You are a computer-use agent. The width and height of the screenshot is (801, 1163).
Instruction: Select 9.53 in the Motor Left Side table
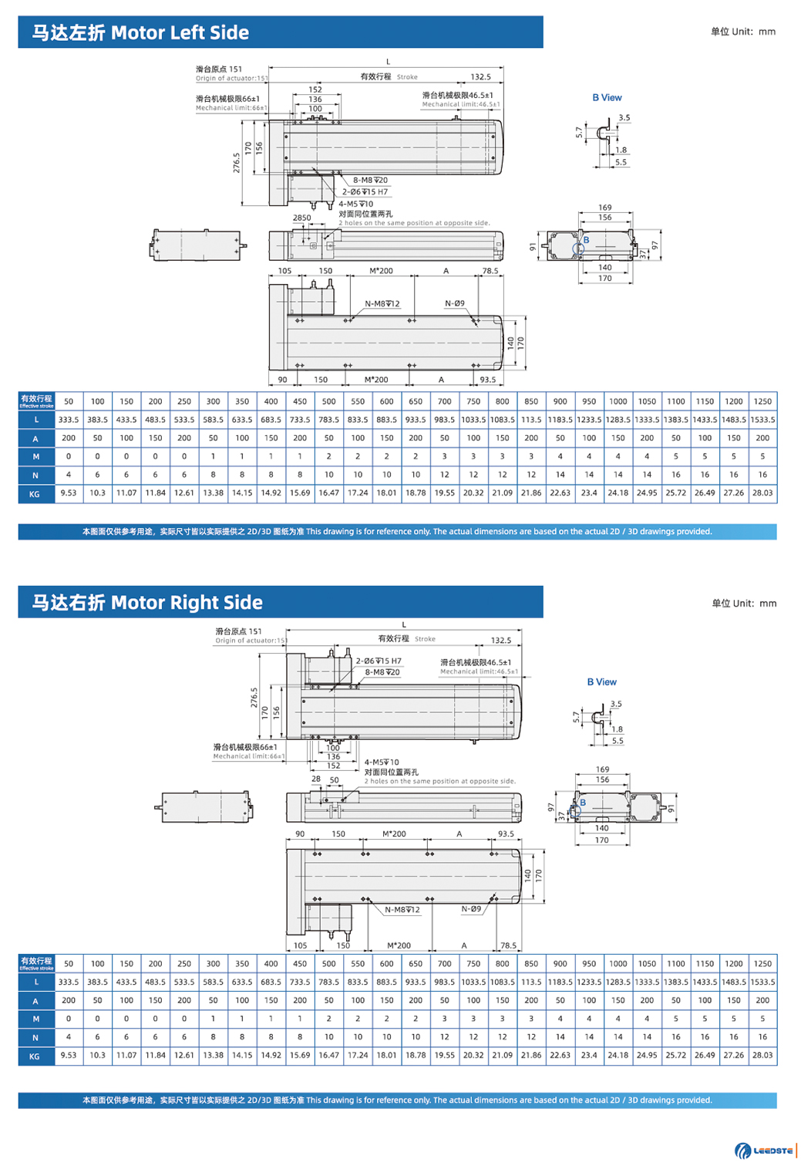tap(69, 493)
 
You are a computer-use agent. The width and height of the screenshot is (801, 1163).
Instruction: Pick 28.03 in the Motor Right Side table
tap(762, 1055)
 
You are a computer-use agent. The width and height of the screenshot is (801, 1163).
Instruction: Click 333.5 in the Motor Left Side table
tap(69, 420)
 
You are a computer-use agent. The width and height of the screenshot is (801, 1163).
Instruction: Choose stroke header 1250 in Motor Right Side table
tap(762, 964)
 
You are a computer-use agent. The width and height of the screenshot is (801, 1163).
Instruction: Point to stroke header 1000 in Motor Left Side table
tap(618, 401)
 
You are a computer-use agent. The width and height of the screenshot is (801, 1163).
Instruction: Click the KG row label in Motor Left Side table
tap(35, 494)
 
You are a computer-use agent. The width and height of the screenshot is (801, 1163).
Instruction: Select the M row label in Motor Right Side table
tap(35, 1019)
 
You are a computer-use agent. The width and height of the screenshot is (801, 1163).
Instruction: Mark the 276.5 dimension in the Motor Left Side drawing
tap(236, 163)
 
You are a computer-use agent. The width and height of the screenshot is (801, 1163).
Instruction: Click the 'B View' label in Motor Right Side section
tap(601, 682)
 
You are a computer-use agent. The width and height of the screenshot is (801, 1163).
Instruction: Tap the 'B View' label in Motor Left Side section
tap(607, 98)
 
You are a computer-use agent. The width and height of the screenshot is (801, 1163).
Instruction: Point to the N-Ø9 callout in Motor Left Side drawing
tap(455, 303)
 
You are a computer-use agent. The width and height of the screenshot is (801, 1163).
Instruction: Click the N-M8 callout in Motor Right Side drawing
tap(402, 910)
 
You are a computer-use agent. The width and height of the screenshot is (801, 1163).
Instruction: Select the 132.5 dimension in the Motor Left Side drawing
tap(480, 77)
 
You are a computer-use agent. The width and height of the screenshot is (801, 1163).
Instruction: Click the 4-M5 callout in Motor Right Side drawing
tap(382, 762)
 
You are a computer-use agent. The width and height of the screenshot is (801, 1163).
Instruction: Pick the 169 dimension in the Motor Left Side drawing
tap(605, 208)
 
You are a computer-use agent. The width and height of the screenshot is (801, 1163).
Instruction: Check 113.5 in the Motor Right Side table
tap(531, 982)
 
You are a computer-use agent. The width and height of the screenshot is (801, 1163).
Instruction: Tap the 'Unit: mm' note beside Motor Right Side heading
tap(743, 603)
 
